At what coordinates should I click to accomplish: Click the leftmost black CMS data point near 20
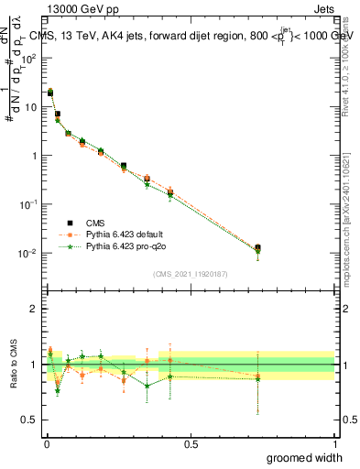click(x=50, y=93)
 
